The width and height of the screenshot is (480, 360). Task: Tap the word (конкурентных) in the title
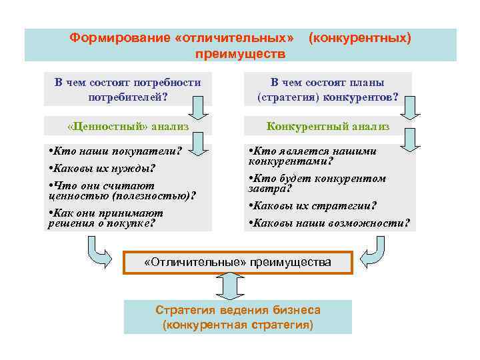pos(359,38)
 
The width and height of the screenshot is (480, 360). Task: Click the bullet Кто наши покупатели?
pos(115,150)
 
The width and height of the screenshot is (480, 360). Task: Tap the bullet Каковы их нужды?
pos(101,167)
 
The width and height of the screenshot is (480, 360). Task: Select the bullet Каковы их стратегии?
pos(312,205)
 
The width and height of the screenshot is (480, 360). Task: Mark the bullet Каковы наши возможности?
pos(329,222)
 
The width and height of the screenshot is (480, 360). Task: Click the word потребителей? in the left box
pos(127,97)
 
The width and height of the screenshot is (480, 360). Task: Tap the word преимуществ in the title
pos(240,53)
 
